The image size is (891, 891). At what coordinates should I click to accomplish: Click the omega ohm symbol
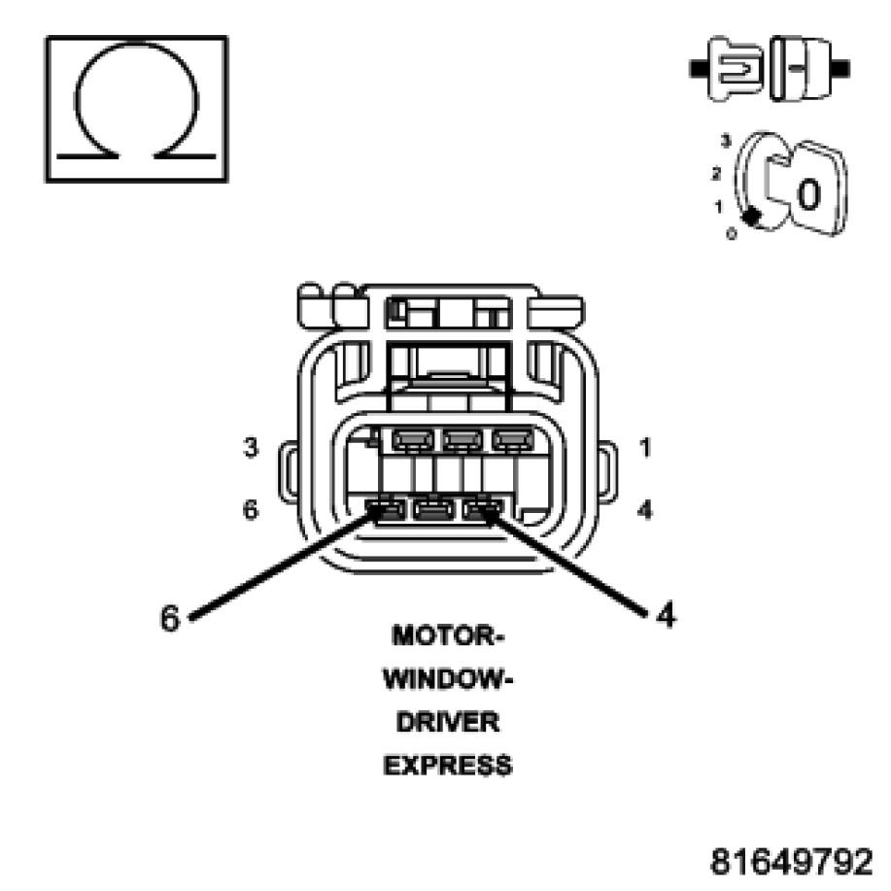(x=136, y=108)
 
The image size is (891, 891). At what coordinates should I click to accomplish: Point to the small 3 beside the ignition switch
(x=725, y=142)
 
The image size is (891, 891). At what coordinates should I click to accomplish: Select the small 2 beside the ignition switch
(x=716, y=175)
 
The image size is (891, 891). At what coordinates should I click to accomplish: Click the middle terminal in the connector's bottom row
(x=432, y=508)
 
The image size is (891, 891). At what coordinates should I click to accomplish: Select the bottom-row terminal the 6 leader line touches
(x=387, y=508)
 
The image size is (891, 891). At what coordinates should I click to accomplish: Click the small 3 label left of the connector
(x=251, y=449)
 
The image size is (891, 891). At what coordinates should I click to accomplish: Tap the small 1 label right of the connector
(x=646, y=449)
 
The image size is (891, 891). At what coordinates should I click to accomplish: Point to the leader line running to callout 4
(x=568, y=563)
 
